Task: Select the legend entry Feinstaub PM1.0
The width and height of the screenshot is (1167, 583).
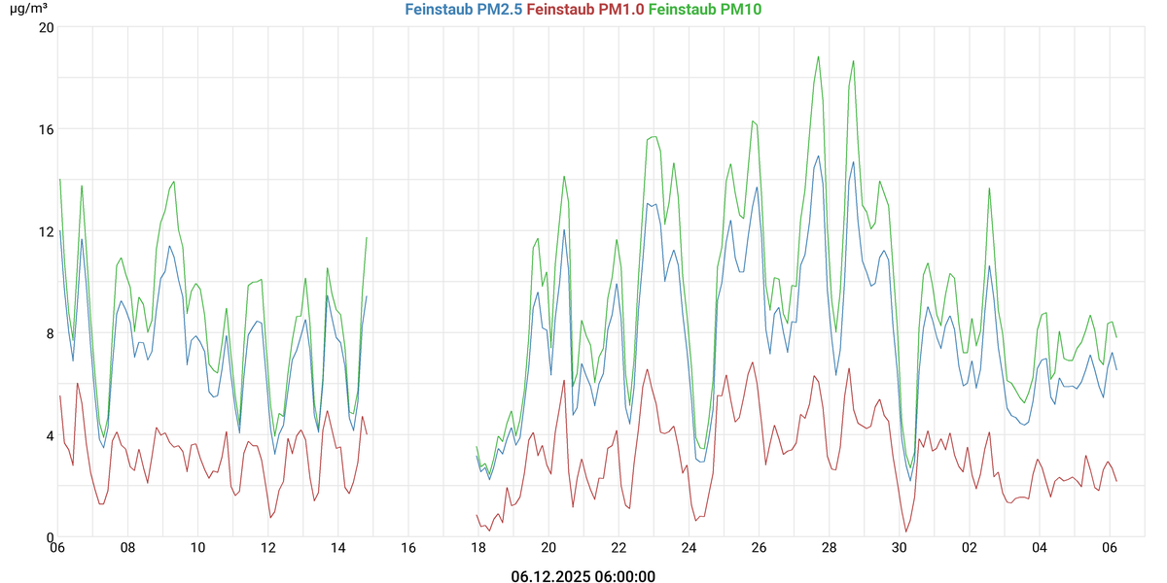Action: point(585,9)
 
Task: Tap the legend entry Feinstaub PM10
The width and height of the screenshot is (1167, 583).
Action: point(705,9)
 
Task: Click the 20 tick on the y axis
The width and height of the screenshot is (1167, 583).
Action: point(45,27)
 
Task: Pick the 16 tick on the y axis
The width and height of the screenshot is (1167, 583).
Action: point(45,129)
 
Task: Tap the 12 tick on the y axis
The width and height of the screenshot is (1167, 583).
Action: point(45,231)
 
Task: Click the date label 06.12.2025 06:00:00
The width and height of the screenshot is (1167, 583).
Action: point(583,576)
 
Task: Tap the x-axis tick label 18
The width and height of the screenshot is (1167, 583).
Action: point(478,548)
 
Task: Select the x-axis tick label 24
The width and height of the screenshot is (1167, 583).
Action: point(689,548)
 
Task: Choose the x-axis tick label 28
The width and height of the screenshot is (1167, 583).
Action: point(829,548)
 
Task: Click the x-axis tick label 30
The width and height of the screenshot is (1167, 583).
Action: point(900,548)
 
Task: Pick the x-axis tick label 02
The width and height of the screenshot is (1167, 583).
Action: point(970,548)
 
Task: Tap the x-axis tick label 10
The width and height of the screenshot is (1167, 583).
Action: point(197,548)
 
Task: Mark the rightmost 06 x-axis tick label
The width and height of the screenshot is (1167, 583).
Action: point(1110,548)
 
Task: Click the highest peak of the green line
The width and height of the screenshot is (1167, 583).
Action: point(819,56)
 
